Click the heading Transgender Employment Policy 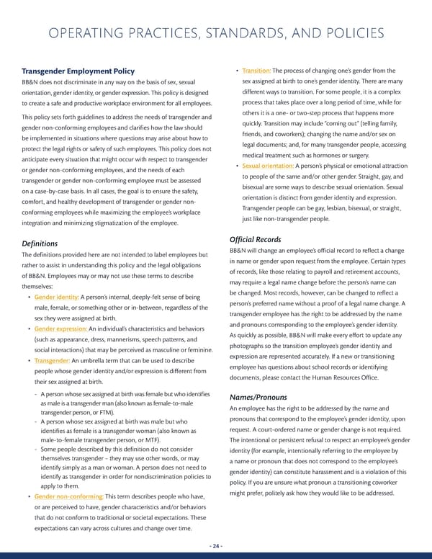[x=77, y=71]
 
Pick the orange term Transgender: [x=53, y=360]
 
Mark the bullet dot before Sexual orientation [x=235, y=167]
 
